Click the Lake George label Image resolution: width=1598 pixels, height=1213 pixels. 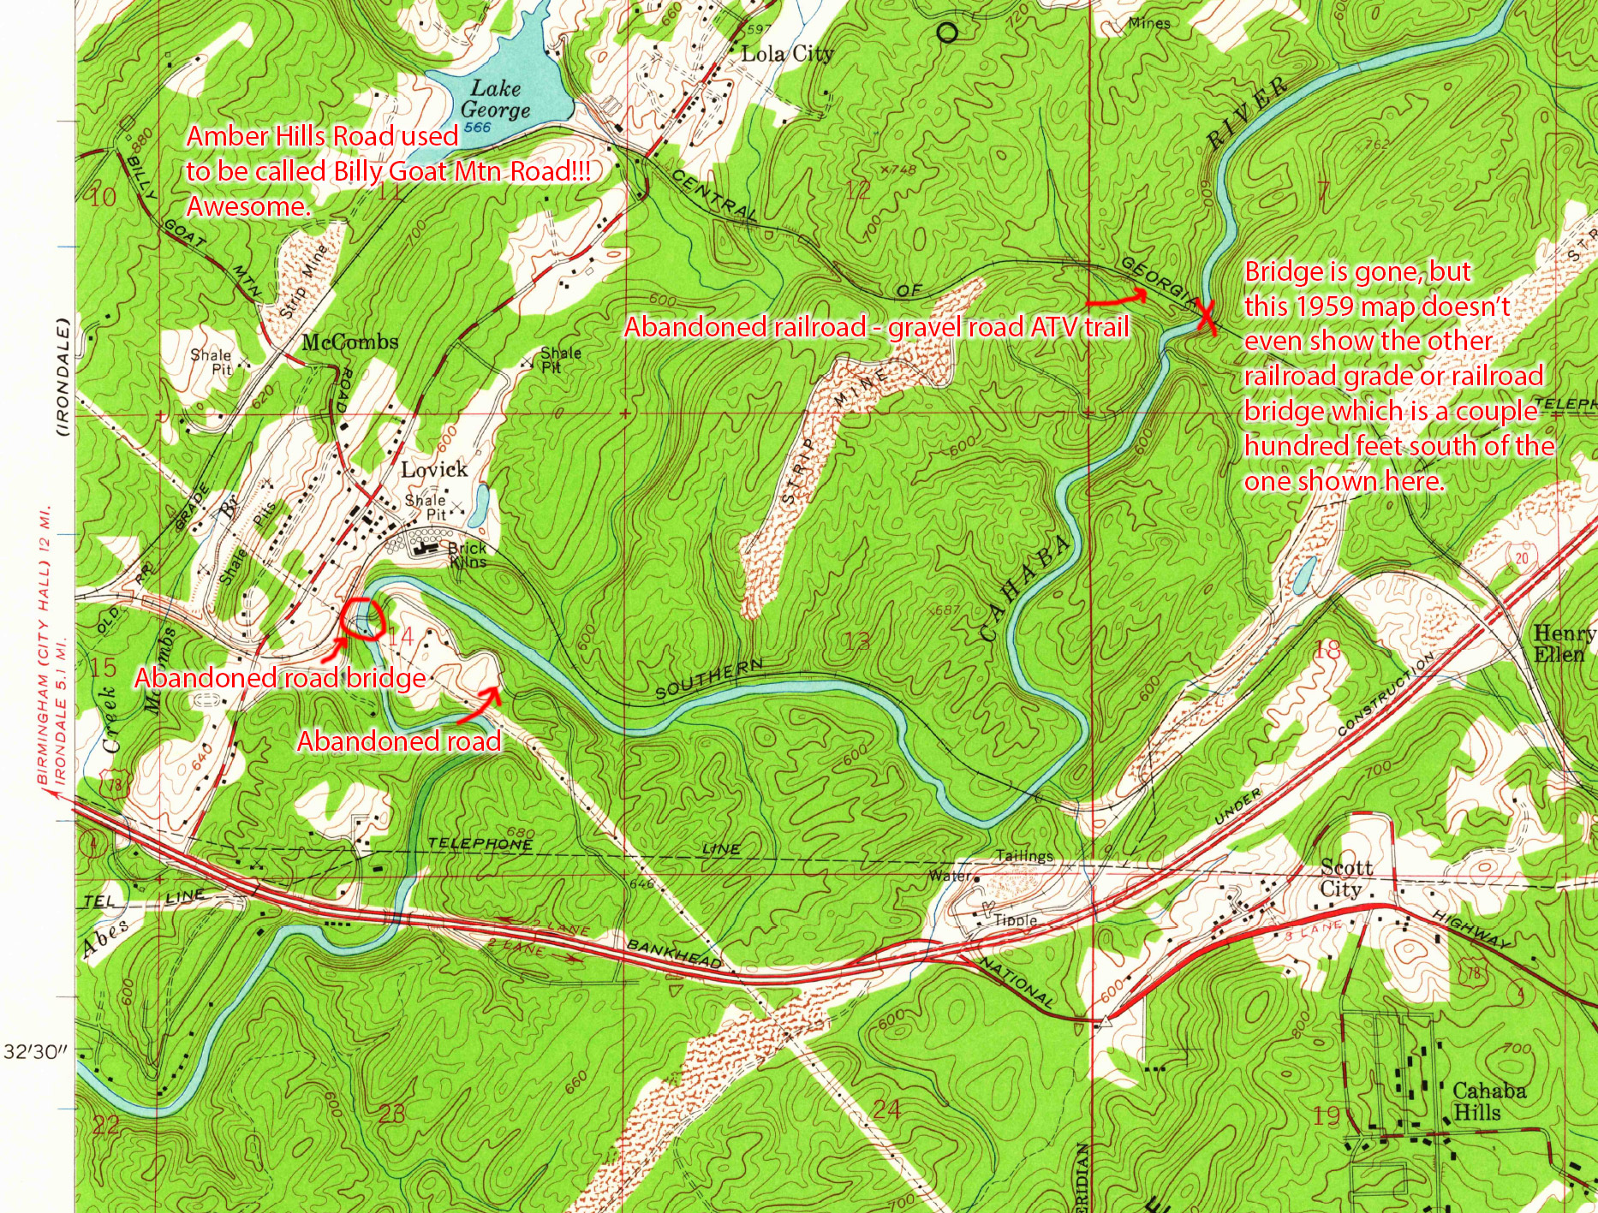495,99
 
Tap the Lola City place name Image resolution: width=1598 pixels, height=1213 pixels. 786,54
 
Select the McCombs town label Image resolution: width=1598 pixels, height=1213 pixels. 350,342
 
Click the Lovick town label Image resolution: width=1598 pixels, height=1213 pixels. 434,469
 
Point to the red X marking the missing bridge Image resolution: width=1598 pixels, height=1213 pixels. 1205,318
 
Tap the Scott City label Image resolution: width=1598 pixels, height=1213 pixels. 1345,878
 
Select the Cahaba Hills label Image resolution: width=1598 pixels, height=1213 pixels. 1488,1102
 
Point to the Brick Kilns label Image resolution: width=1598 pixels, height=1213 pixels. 467,555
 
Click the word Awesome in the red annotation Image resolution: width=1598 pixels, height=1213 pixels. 247,206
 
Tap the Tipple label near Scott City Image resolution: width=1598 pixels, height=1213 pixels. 1016,920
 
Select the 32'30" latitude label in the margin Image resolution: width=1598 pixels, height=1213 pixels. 35,1051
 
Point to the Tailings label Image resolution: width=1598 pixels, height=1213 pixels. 1024,856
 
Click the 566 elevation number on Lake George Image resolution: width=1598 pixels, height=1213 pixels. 479,128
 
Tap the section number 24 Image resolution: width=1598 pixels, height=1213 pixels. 886,1109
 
